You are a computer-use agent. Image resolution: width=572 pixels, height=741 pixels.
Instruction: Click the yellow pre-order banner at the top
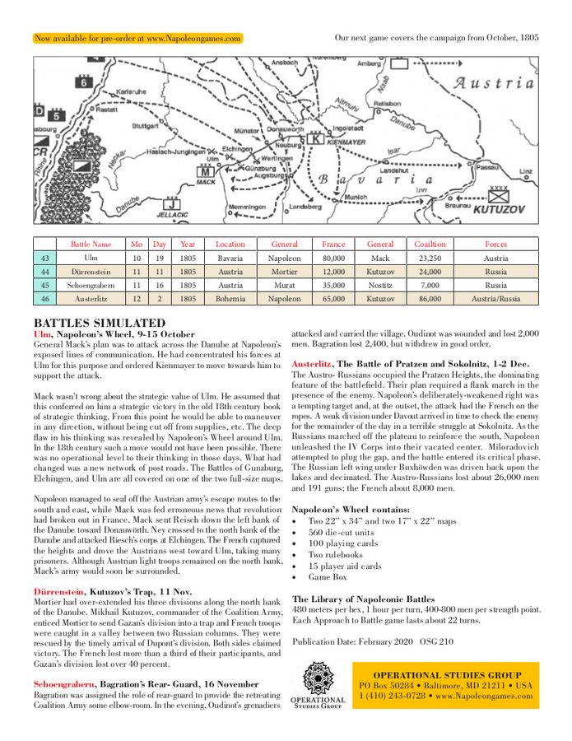click(137, 39)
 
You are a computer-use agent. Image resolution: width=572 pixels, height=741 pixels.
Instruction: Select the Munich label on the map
click(356, 198)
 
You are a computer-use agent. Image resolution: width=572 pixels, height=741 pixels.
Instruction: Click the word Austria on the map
click(494, 83)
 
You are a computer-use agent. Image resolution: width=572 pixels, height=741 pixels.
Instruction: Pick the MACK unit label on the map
click(205, 184)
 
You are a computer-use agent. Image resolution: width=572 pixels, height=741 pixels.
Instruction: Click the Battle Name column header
click(91, 245)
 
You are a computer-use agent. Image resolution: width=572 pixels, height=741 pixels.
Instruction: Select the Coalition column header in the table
click(430, 245)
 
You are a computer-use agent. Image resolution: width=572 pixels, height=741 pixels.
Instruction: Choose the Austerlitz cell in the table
click(91, 299)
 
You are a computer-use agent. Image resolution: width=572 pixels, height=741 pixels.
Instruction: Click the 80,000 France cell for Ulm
click(333, 258)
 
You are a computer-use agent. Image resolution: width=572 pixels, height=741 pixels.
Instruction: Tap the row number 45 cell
click(45, 285)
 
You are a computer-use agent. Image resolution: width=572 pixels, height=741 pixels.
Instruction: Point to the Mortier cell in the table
click(285, 272)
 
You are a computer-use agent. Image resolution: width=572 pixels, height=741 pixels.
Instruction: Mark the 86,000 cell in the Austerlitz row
click(430, 299)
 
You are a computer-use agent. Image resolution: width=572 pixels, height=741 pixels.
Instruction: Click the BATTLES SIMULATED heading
click(100, 323)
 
